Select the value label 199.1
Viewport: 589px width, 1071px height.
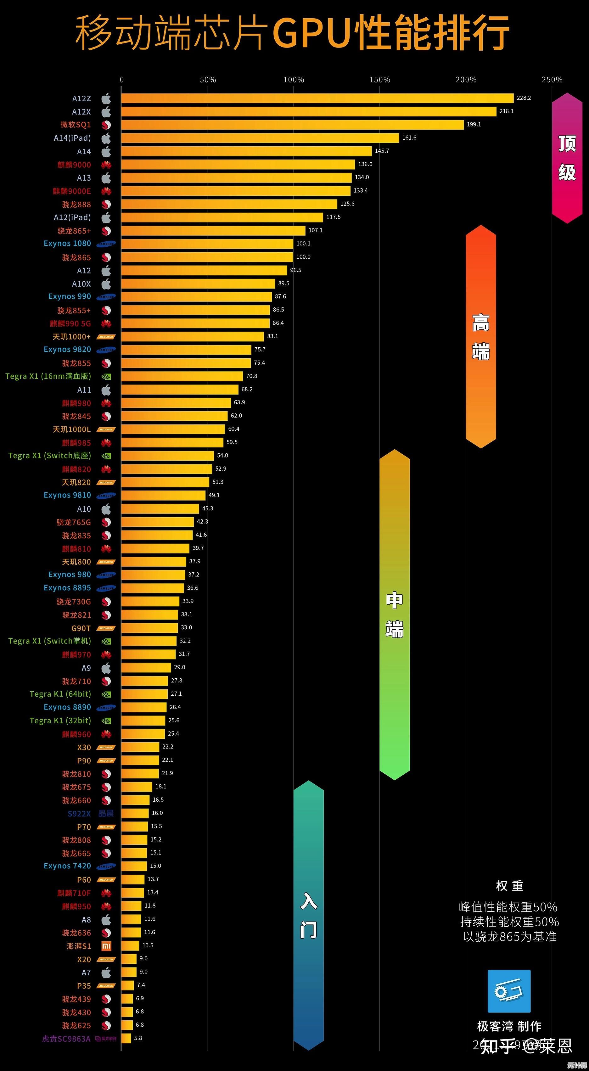point(474,124)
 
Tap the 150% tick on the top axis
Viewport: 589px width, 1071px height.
point(379,79)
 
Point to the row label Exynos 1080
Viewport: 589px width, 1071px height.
point(67,243)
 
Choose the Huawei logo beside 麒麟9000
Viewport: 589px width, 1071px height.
point(106,165)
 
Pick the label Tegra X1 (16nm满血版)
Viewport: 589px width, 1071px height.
point(48,376)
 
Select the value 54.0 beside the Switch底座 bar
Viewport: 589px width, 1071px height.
point(222,455)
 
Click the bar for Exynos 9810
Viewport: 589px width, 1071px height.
point(163,495)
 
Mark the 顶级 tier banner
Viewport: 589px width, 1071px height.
point(567,158)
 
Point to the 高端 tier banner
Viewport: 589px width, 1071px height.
point(481,337)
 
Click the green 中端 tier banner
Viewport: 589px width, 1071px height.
point(395,614)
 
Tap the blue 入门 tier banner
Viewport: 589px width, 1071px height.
point(308,915)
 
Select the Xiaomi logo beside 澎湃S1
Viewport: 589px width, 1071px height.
point(106,946)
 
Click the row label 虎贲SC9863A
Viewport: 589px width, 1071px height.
point(66,1039)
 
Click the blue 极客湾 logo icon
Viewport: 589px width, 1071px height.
point(509,991)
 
